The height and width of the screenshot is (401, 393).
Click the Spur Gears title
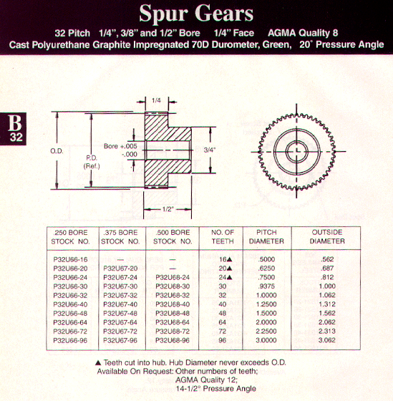point(196,14)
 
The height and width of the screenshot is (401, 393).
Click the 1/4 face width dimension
point(156,100)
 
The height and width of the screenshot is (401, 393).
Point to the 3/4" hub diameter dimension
point(210,150)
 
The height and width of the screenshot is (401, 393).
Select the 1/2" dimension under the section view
point(168,209)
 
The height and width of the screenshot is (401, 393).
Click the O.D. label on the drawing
point(57,151)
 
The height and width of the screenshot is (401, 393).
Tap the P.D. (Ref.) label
point(92,162)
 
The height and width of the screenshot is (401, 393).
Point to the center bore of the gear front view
point(296,152)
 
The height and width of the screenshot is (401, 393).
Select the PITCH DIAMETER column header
point(266,237)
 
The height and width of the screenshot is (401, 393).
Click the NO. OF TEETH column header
point(223,237)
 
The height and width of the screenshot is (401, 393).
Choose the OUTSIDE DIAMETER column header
point(327,236)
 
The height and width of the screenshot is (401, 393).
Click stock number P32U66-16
point(70,259)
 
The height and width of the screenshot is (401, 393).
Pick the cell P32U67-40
point(120,304)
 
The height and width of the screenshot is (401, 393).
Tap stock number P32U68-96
point(173,341)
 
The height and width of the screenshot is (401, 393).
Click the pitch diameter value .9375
point(266,286)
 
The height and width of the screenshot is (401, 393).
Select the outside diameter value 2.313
point(326,332)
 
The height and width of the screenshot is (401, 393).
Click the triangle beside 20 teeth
point(229,269)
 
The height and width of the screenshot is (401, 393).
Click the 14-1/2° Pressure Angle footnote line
point(215,389)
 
